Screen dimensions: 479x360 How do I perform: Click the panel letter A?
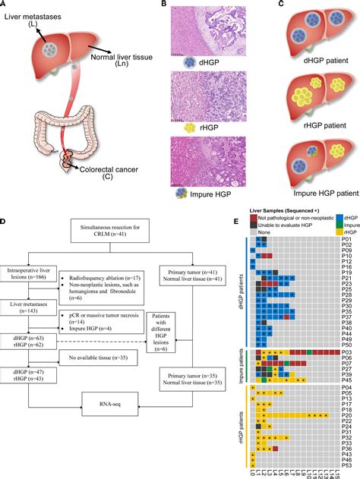click(5, 5)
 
